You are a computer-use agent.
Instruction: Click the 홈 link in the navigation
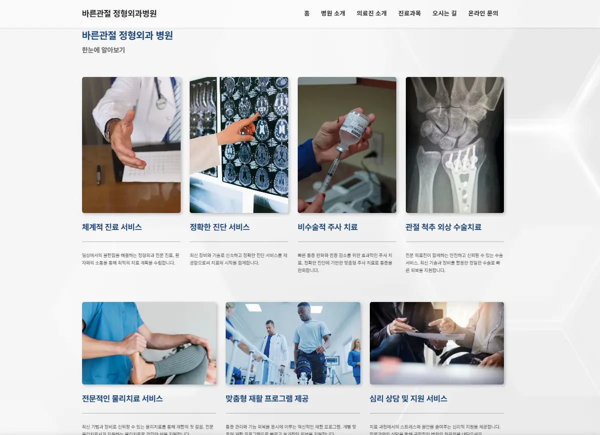(307, 13)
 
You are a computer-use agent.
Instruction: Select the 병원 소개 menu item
(333, 13)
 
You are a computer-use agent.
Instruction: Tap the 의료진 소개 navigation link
(371, 13)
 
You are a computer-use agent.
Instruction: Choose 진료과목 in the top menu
(409, 13)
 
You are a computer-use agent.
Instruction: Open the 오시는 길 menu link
(444, 13)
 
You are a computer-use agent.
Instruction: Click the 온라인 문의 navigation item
(483, 13)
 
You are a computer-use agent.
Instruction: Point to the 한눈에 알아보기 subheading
(103, 50)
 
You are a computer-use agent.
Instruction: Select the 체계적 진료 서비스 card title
(112, 227)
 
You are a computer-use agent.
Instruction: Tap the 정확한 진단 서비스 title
(219, 227)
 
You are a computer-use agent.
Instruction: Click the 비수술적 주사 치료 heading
(327, 227)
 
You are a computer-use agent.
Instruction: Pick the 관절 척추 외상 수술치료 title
(443, 227)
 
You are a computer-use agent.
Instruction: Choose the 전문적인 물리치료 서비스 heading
(122, 398)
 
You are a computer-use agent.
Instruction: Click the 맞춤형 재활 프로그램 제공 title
(267, 398)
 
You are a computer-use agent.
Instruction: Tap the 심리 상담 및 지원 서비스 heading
(408, 398)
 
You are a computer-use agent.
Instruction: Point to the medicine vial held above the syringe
(354, 128)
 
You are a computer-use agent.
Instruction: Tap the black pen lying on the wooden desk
(99, 174)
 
